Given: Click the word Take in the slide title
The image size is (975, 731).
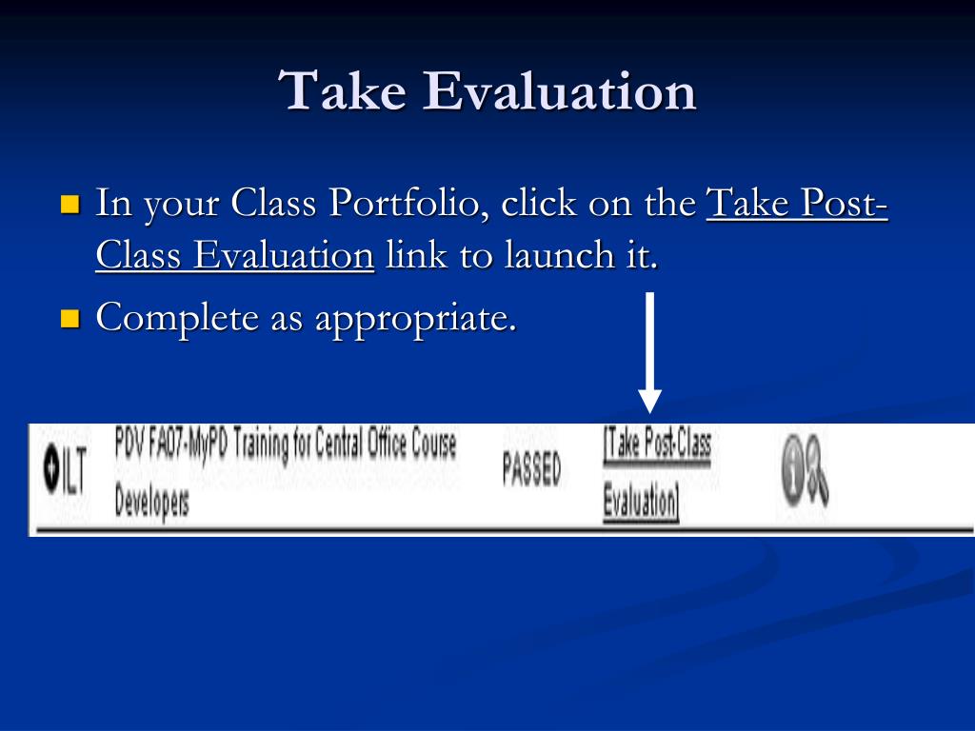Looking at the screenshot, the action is (342, 90).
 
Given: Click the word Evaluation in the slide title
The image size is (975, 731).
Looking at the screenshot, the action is (560, 90).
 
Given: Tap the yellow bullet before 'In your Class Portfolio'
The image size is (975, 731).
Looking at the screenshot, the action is (70, 204).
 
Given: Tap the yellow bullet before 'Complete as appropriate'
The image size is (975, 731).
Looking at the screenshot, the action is (70, 318).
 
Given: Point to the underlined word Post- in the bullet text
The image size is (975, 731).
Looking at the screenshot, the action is (844, 203).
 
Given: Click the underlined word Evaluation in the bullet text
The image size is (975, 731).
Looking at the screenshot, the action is (284, 255).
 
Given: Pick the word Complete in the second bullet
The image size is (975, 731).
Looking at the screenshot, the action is (177, 318).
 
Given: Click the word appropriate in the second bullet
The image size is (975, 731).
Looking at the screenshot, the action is (416, 319).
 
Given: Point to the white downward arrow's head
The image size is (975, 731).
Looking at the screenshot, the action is (649, 400).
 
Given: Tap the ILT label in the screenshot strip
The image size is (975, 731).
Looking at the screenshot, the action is (73, 470).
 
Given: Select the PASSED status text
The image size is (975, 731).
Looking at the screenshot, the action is (531, 468).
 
